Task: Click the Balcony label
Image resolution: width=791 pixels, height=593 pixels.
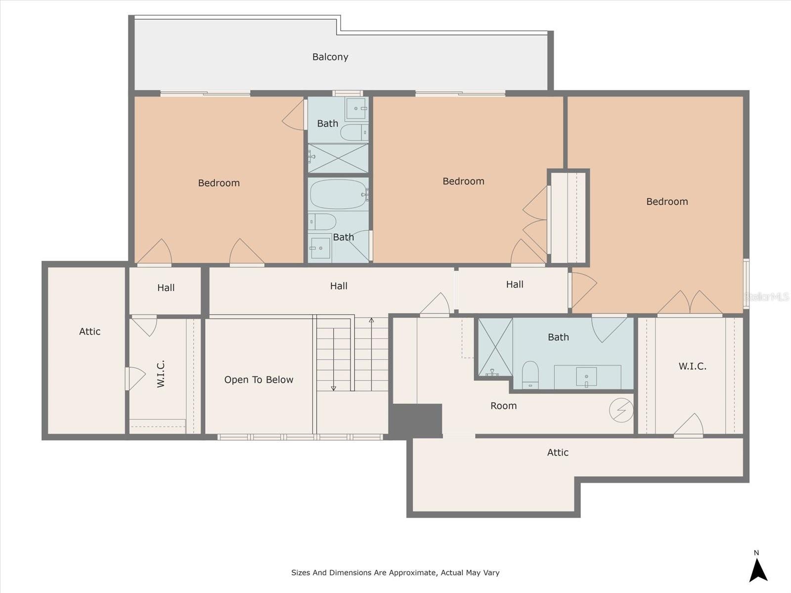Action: point(330,57)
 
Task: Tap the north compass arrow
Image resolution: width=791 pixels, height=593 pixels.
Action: point(758,570)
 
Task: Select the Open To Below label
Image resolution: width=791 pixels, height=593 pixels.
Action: point(259,380)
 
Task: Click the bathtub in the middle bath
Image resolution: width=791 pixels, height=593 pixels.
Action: point(338,194)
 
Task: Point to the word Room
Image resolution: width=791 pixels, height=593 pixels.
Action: point(503,406)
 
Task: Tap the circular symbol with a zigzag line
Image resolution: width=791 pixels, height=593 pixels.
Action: point(621,410)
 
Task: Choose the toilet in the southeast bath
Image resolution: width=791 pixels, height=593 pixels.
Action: point(530,375)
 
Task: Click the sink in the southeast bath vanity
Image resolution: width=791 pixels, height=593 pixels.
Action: point(586,377)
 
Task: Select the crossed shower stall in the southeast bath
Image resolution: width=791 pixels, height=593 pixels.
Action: point(495,347)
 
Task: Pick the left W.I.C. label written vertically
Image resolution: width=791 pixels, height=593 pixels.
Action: point(161,374)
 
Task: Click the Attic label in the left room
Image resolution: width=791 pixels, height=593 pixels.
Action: point(90,331)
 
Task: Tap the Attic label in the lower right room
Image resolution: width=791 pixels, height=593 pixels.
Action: point(558,452)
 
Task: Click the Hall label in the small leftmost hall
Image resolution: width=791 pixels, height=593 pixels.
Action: point(166,288)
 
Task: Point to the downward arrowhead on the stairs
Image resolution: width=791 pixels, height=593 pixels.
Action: point(333,388)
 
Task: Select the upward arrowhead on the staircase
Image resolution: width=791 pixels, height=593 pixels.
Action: point(372,320)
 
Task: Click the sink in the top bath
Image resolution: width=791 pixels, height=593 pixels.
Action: point(356,108)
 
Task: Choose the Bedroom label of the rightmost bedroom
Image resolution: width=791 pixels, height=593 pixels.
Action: point(667,201)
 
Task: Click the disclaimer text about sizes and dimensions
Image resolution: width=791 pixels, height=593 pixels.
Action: point(395,572)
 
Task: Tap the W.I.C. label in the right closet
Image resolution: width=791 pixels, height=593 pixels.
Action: point(692,366)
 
